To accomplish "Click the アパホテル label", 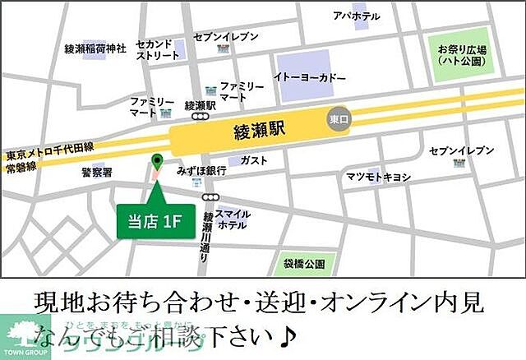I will pos(356,16).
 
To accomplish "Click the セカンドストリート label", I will pos(157,48).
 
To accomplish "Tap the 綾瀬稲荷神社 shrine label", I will pos(95,49).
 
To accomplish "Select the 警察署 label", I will pos(96,173).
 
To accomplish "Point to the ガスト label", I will pos(255,160).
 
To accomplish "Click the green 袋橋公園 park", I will pos(303,264).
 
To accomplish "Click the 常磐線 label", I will pos(21,165).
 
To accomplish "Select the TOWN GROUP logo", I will pos(25,338).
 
